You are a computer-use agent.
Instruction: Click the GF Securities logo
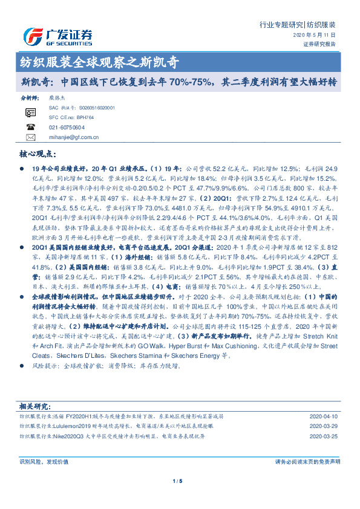click(57, 36)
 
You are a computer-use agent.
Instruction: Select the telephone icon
click(31, 128)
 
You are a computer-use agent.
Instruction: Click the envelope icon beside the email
click(31, 138)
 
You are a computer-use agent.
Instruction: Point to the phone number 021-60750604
click(67, 128)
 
